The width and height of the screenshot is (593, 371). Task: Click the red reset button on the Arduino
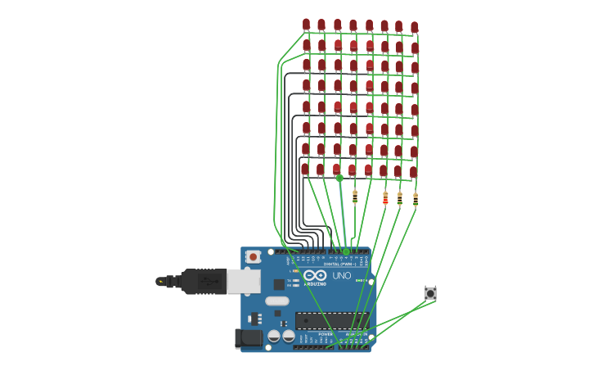(x=253, y=256)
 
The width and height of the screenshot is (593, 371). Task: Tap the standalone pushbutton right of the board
(x=430, y=293)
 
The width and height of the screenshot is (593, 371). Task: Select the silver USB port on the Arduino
(x=244, y=282)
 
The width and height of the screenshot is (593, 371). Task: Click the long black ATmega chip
(x=331, y=320)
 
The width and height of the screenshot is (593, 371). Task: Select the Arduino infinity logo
(x=315, y=276)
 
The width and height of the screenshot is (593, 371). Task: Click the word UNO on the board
(x=341, y=276)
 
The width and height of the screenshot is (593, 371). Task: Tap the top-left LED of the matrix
(x=306, y=25)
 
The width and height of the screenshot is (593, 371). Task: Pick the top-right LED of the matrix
(x=415, y=27)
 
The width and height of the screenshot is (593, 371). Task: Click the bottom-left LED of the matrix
(x=305, y=169)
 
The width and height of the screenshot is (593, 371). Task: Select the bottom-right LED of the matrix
(x=413, y=172)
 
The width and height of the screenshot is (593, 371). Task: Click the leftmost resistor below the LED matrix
(x=354, y=197)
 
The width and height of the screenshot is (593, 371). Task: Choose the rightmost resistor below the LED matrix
(x=415, y=199)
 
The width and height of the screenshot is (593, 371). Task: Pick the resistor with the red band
(x=385, y=197)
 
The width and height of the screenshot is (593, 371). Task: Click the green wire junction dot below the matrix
(x=339, y=178)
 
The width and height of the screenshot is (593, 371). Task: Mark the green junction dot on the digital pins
(x=346, y=251)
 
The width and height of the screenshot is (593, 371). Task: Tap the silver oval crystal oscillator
(x=277, y=301)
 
